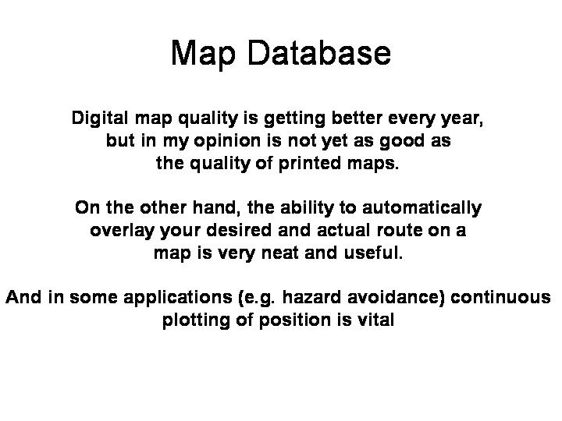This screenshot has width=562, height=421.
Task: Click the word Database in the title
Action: pos(319,53)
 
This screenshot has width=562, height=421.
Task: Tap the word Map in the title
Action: pos(203,54)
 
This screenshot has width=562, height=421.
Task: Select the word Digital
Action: pos(100,119)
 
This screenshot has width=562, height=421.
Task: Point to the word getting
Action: pos(294,119)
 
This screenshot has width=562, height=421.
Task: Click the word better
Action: pos(357,118)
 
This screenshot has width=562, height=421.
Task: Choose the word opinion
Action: pos(227,141)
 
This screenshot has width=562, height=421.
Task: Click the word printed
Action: pos(310,163)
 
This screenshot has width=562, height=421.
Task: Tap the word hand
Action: pos(216,207)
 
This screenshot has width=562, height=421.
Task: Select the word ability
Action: pos(307,208)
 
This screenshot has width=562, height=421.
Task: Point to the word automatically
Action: pos(421,208)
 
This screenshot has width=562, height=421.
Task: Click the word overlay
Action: pos(122,231)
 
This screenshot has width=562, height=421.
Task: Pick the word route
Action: pos(400,230)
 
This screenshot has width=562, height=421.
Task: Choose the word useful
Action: pos(373,253)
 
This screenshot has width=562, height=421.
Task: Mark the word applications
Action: pos(178,298)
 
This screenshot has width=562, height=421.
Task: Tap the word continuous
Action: pos(500,297)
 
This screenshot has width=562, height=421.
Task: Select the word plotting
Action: pos(196,320)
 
